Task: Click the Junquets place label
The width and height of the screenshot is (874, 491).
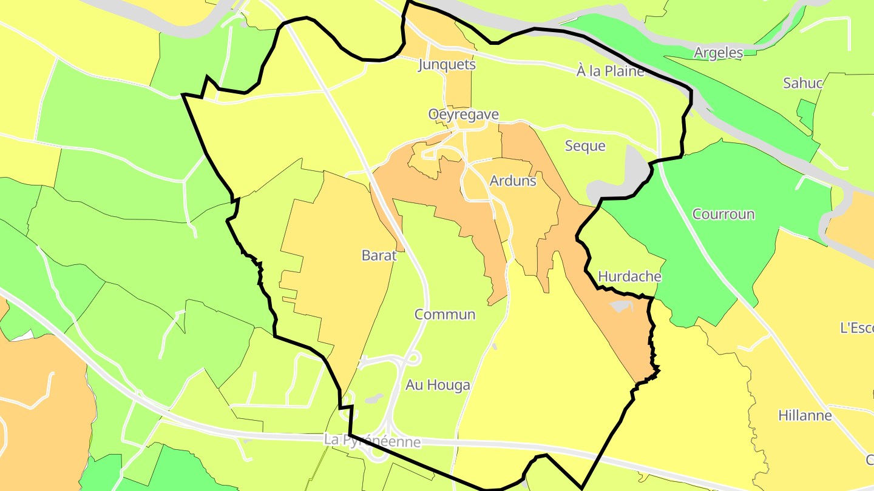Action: click(x=447, y=65)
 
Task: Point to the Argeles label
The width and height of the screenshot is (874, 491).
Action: click(x=719, y=53)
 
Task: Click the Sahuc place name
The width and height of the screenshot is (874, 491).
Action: click(x=802, y=83)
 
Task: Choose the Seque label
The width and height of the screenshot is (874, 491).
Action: click(x=585, y=146)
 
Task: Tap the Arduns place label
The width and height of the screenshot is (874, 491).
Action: click(x=513, y=181)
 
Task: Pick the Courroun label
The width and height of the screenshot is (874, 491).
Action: click(x=723, y=214)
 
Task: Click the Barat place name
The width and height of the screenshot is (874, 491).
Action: click(x=379, y=255)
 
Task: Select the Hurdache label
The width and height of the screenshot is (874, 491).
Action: click(x=629, y=276)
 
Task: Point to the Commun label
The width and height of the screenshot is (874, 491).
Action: click(x=445, y=315)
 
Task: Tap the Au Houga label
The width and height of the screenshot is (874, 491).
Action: click(x=438, y=385)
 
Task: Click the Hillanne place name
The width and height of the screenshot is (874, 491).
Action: click(x=805, y=416)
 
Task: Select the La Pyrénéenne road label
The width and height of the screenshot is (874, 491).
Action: click(x=372, y=441)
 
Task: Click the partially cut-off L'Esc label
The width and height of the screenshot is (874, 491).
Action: click(x=856, y=328)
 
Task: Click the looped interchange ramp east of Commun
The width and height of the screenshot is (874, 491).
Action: click(x=412, y=358)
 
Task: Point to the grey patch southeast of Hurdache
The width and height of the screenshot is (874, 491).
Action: click(x=622, y=306)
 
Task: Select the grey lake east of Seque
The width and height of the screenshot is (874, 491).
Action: click(x=631, y=170)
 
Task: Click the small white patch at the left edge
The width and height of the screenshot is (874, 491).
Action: click(x=22, y=335)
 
